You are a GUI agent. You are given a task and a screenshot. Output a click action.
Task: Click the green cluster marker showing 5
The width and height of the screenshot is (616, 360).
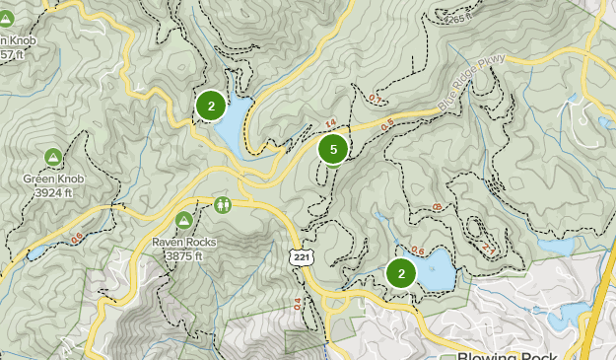tap(333, 150)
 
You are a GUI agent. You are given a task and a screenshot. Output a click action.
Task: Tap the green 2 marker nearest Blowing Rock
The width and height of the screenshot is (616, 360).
tap(401, 273)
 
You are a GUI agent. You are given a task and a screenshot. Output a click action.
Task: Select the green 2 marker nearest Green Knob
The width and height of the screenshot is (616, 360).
tap(211, 106)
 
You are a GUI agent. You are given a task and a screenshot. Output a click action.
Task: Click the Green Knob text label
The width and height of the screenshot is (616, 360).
tap(54, 180)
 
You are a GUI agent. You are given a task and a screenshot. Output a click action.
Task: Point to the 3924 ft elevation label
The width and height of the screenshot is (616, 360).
tap(54, 192)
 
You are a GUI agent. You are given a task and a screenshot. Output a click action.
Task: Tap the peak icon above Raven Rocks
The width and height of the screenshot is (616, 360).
tap(183, 219)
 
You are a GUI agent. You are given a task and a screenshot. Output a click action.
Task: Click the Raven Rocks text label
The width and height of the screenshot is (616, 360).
tap(183, 242)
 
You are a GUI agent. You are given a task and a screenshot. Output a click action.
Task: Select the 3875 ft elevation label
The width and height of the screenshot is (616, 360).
tap(183, 255)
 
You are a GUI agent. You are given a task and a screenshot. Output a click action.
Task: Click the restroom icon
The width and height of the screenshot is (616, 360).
tap(223, 205)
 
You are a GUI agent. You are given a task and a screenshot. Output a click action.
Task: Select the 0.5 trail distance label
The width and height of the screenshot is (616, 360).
tap(386, 122)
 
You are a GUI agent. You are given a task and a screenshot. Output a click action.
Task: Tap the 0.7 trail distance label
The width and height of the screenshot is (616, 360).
tap(375, 99)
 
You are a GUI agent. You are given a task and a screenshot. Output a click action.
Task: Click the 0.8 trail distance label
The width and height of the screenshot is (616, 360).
tap(436, 206)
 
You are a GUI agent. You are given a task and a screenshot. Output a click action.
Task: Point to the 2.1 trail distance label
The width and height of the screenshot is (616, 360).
tap(488, 250)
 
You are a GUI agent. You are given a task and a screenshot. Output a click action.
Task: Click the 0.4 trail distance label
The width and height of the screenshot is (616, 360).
tap(297, 304)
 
